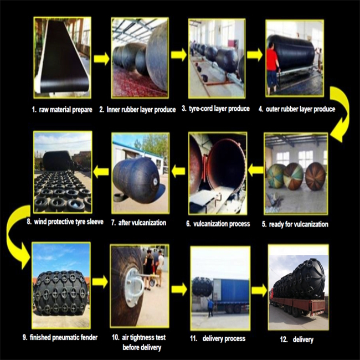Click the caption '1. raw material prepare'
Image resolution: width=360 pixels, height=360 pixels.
(x=62, y=110)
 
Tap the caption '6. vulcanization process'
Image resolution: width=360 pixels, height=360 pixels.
(x=218, y=224)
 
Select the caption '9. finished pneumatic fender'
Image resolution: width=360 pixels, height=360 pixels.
(x=60, y=337)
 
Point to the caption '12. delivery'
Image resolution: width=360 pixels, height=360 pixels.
(x=297, y=340)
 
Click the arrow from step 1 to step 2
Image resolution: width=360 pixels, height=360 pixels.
(x=101, y=59)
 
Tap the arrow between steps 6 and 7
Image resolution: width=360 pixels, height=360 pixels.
(x=178, y=171)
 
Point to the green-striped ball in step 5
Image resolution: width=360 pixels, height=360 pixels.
(x=276, y=176)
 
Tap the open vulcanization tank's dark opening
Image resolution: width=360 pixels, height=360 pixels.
(x=226, y=165)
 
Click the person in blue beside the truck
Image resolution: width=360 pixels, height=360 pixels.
(x=210, y=308)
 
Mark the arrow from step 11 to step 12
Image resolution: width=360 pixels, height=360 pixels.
(x=259, y=290)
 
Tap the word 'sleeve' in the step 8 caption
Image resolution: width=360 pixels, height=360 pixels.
(x=95, y=222)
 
